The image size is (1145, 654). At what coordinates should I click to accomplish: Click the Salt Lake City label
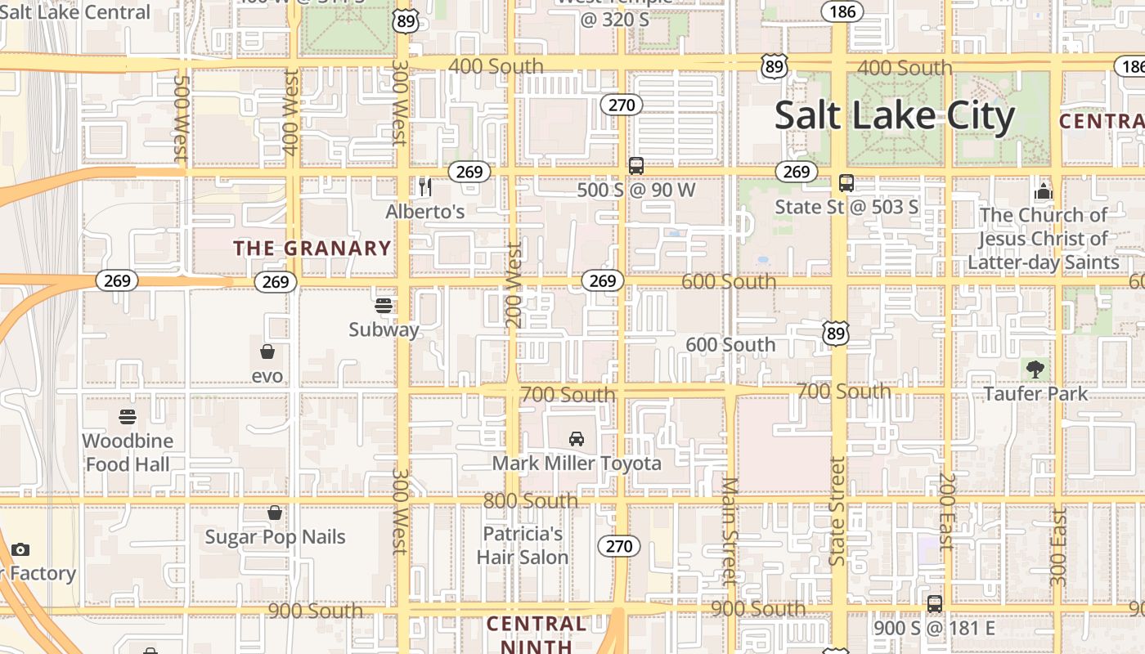[x=894, y=115]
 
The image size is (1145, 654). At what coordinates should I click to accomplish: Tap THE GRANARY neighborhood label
[x=312, y=248]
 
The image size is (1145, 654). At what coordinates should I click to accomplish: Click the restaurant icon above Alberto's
[x=424, y=187]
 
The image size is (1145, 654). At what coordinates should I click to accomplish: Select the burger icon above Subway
[x=384, y=306]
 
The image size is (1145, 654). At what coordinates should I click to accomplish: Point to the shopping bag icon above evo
[x=267, y=352]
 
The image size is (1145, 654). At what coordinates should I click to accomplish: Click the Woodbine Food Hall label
[x=128, y=452]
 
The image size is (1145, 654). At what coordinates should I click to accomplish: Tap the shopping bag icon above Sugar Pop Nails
[x=275, y=513]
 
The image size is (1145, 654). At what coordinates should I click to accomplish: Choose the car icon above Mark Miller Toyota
[x=577, y=439]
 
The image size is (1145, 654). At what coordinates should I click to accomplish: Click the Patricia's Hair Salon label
[x=523, y=545]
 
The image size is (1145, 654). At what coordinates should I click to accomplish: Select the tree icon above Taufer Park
[x=1035, y=369]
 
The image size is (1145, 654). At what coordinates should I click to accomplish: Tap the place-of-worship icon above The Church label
[x=1043, y=192]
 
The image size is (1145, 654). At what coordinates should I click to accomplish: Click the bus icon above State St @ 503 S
[x=846, y=183]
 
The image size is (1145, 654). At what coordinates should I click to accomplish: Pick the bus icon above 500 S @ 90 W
[x=636, y=166]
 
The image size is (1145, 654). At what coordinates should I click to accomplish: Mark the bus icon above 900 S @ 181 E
[x=935, y=604]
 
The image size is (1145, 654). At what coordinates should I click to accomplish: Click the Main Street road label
[x=730, y=531]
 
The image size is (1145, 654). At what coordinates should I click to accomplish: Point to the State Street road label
[x=837, y=511]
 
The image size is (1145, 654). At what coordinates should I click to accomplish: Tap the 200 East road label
[x=946, y=511]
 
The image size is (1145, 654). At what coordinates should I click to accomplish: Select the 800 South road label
[x=530, y=500]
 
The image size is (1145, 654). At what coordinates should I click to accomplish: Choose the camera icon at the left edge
[x=20, y=549]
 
